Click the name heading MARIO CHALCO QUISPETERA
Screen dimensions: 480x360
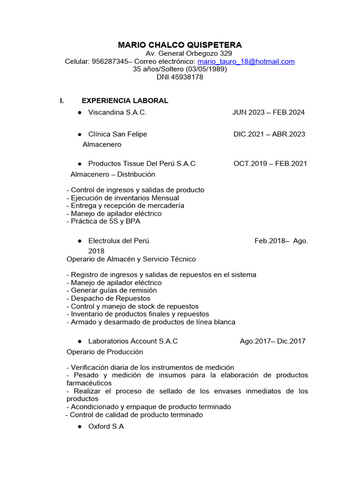point(180,45)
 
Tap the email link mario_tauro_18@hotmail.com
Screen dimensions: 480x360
point(246,61)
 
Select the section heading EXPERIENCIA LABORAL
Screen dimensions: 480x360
point(125,100)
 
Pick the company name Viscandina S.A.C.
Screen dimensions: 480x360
point(117,112)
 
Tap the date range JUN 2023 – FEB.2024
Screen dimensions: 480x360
point(268,112)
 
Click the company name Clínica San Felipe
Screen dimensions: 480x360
point(118,134)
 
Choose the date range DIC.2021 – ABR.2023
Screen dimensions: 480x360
point(269,134)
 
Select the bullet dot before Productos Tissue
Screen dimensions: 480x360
point(80,164)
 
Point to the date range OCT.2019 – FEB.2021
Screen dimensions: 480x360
point(270,164)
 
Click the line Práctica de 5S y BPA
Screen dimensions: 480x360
point(104,221)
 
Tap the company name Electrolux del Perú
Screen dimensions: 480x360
point(119,240)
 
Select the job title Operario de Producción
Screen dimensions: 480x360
point(105,352)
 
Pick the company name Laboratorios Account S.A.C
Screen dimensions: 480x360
point(133,341)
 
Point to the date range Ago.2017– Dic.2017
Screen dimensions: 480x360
point(272,341)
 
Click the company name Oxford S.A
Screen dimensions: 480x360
point(106,427)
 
